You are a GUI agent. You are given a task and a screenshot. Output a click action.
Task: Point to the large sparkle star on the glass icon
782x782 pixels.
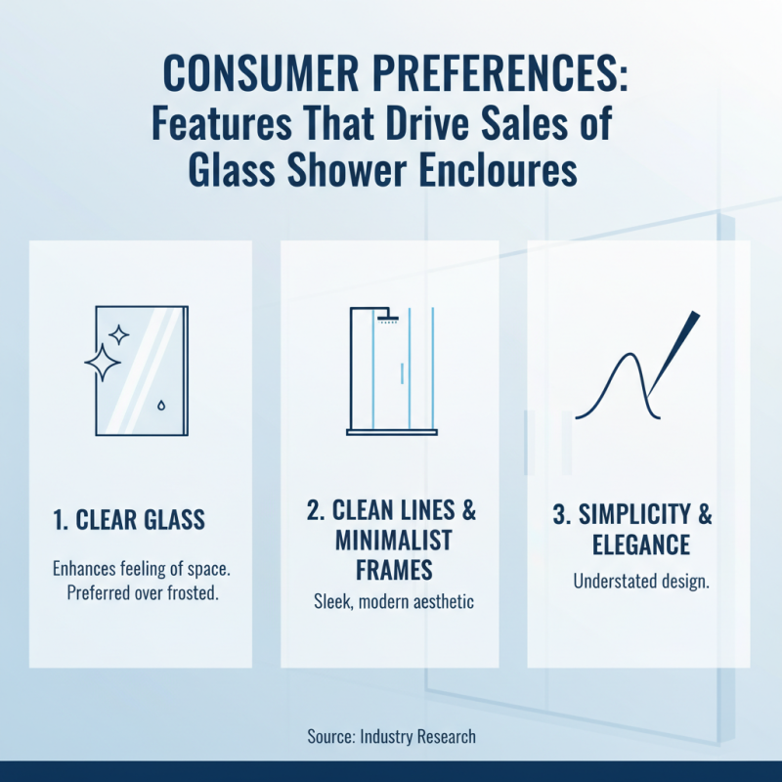click(x=103, y=363)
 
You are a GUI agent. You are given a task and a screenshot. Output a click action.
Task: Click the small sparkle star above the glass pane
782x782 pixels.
click(x=119, y=335)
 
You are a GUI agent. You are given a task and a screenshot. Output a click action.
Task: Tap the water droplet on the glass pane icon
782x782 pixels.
click(x=160, y=404)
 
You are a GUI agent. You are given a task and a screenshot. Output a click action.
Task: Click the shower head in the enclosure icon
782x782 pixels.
click(x=388, y=317)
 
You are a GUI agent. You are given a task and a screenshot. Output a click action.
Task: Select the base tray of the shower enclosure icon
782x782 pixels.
click(x=392, y=431)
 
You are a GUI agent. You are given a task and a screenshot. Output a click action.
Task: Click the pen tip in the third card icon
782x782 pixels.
click(x=692, y=319)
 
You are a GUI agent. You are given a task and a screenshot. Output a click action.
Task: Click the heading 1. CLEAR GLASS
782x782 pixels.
click(x=128, y=519)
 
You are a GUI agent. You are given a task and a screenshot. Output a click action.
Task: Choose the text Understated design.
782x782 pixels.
click(x=640, y=582)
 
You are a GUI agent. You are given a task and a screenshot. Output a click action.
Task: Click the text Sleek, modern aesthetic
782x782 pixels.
click(x=389, y=602)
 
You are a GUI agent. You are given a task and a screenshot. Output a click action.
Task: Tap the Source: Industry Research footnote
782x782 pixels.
click(x=390, y=736)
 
